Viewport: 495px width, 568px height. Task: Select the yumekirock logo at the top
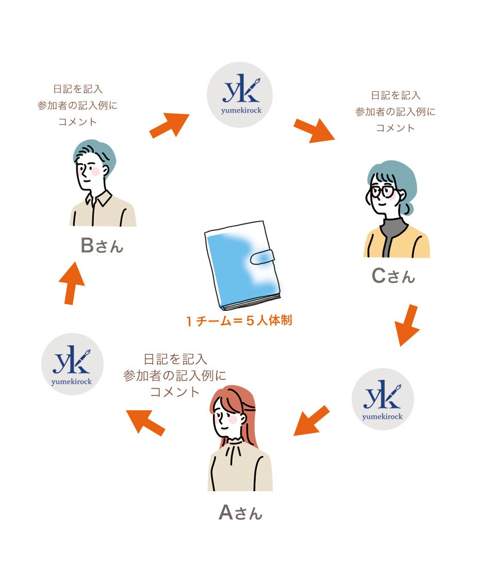tap(240, 95)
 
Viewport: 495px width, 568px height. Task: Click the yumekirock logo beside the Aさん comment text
tap(72, 364)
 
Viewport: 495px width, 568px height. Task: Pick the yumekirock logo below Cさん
tap(383, 399)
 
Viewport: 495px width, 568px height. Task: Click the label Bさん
tap(102, 246)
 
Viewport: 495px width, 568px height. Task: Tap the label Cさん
tap(393, 276)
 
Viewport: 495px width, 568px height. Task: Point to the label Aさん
tap(240, 512)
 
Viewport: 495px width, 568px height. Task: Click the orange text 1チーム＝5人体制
tap(239, 321)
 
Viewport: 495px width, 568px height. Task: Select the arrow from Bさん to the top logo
tap(169, 125)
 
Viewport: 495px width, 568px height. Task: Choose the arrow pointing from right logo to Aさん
tap(311, 421)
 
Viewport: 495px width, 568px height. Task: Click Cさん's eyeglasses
tap(382, 191)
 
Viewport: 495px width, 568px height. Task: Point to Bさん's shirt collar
tap(101, 198)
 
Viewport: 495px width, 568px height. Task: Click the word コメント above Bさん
tap(77, 122)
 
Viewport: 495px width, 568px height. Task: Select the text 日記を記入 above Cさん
tap(395, 95)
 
